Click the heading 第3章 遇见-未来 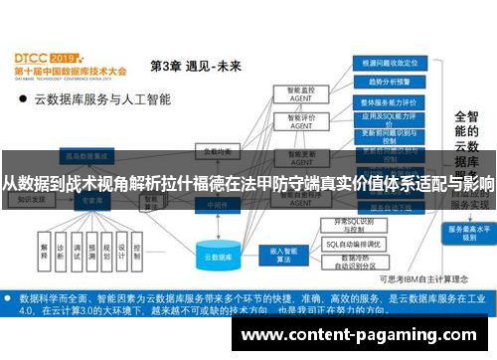(x=196, y=67)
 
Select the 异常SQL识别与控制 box (x=356, y=224)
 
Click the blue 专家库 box (x=91, y=200)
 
